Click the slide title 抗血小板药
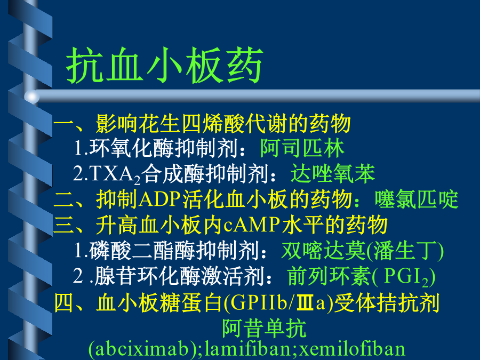pyautogui.click(x=164, y=65)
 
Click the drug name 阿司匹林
pyautogui.click(x=302, y=148)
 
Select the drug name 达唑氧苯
pyautogui.click(x=333, y=173)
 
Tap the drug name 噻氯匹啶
pyautogui.click(x=417, y=199)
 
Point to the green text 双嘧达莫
pyautogui.click(x=324, y=251)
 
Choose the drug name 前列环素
pyautogui.click(x=330, y=276)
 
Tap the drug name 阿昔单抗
pyautogui.click(x=264, y=328)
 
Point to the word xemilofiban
pyautogui.click(x=352, y=349)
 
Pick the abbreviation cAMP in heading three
pyautogui.click(x=252, y=225)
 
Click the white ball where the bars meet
pyautogui.click(x=32, y=97)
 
